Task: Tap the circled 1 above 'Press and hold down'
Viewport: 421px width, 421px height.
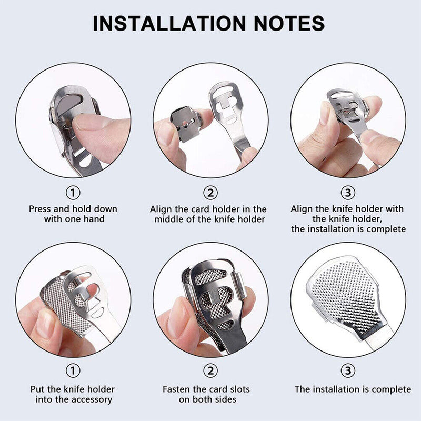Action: [73, 192]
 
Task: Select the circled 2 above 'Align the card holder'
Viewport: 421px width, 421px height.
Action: [210, 192]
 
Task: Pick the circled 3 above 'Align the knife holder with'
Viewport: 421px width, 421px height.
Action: [348, 192]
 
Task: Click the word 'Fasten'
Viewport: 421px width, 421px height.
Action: [177, 389]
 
